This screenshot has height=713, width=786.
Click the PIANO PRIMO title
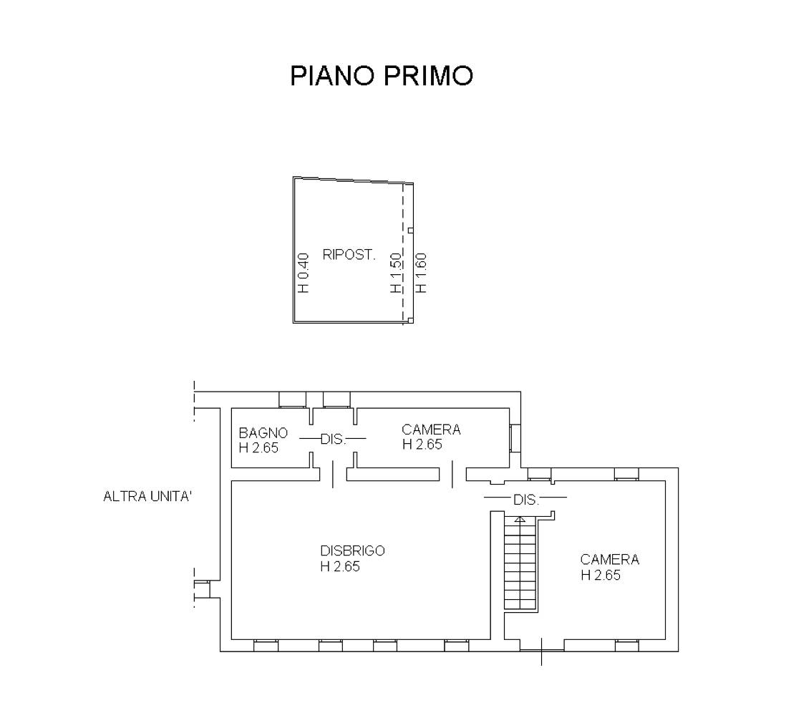click(x=382, y=76)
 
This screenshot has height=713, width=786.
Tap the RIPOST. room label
click(x=349, y=255)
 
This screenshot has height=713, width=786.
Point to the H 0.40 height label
click(x=304, y=272)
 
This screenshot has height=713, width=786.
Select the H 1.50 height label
click(x=396, y=272)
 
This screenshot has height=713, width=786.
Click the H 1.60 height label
click(x=421, y=272)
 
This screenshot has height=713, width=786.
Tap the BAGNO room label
click(x=263, y=432)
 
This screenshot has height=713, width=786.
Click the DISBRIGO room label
click(x=352, y=550)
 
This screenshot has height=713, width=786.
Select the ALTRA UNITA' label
click(x=148, y=496)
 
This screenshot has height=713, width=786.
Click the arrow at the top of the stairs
click(x=520, y=520)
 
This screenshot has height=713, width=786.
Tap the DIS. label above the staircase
click(x=526, y=500)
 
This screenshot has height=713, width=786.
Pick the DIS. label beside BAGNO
click(x=334, y=440)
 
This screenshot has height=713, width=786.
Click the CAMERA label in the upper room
click(x=431, y=430)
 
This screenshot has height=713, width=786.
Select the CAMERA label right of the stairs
click(x=610, y=560)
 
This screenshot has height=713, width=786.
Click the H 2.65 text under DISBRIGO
click(x=340, y=566)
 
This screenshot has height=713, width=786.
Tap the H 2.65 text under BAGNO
click(x=258, y=447)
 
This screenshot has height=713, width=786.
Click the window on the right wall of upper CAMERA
click(x=515, y=438)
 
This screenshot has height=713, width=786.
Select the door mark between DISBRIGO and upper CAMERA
click(x=452, y=475)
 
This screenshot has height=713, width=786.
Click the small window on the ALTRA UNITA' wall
click(x=202, y=589)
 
